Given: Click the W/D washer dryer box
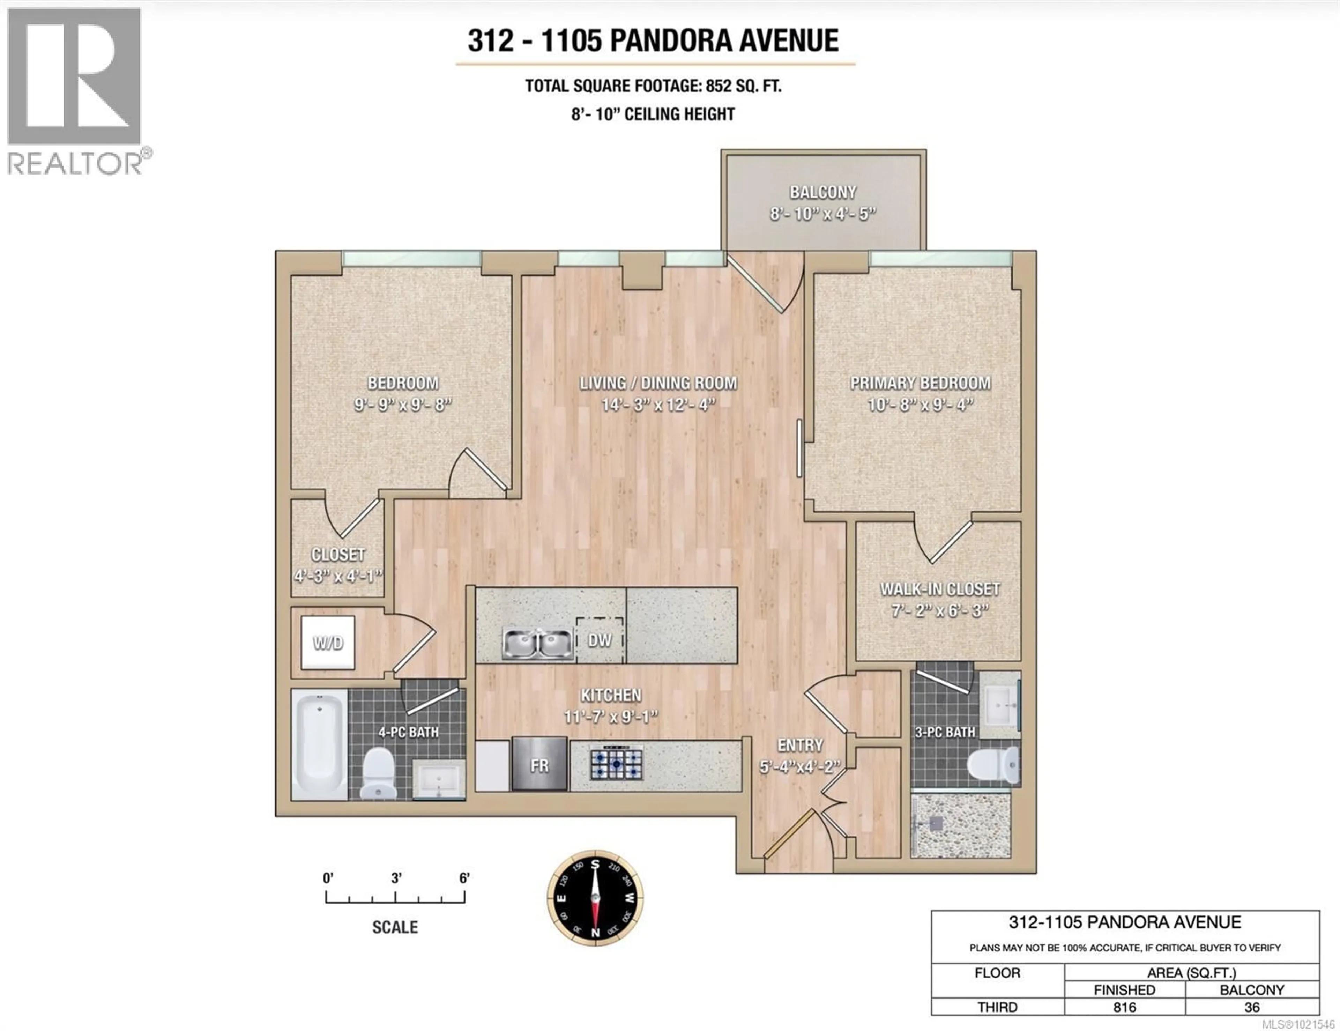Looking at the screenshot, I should pyautogui.click(x=328, y=643).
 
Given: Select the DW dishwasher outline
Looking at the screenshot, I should pyautogui.click(x=600, y=640).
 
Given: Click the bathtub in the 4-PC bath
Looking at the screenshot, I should pyautogui.click(x=319, y=745).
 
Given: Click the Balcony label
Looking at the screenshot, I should pyautogui.click(x=823, y=192).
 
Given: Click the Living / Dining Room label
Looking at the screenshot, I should pyautogui.click(x=658, y=383).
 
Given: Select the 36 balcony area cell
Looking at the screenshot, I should pyautogui.click(x=1252, y=1007).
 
